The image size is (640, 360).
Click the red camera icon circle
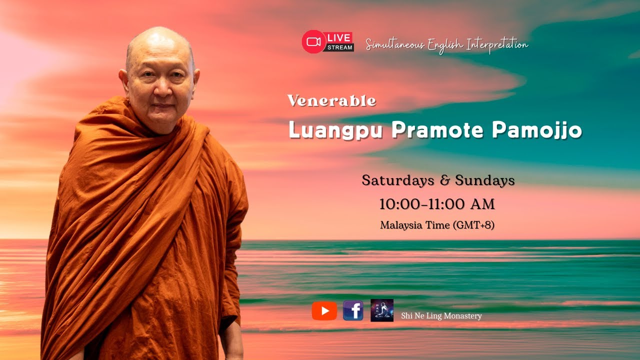click(x=313, y=41)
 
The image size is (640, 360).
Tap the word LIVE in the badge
click(x=339, y=38)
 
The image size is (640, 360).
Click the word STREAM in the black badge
click(x=340, y=48)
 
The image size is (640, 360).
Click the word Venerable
click(x=331, y=101)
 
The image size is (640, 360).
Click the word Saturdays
click(x=398, y=180)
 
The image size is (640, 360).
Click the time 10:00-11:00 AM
click(x=437, y=204)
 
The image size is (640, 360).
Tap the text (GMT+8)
click(x=473, y=225)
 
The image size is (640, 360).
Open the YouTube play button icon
click(x=324, y=311)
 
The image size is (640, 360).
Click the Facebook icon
click(x=353, y=311)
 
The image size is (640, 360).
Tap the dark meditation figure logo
click(x=382, y=310)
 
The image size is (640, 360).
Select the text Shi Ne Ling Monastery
click(x=441, y=316)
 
